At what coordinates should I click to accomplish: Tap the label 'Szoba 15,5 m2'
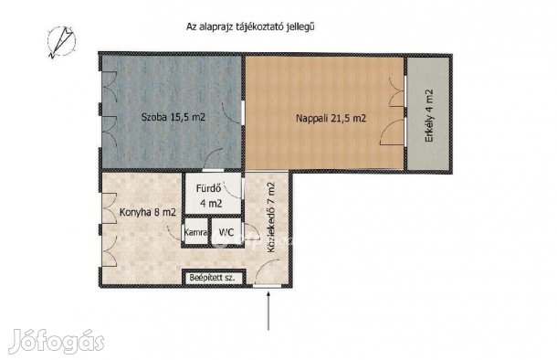pyautogui.click(x=171, y=118)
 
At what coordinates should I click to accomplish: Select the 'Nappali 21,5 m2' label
pyautogui.click(x=331, y=118)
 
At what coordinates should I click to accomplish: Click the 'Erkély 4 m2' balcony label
pyautogui.click(x=429, y=113)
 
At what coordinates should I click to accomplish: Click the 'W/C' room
pyautogui.click(x=226, y=233)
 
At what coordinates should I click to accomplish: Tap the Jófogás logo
pyautogui.click(x=56, y=344)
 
